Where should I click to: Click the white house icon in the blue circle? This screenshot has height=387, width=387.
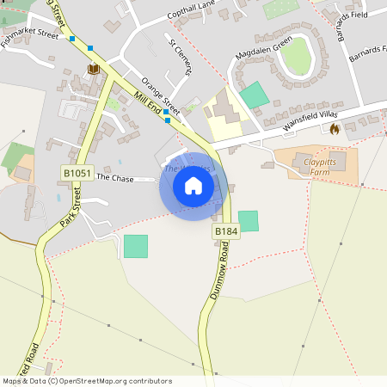tap(193, 185)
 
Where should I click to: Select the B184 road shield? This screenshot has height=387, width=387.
tap(225, 231)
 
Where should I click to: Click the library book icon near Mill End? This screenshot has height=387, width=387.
tap(92, 68)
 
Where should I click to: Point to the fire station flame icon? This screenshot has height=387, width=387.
tap(335, 128)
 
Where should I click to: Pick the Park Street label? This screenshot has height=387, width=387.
tap(70, 210)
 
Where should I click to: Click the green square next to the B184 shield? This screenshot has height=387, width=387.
tap(248, 221)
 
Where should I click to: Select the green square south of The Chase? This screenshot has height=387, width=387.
tap(136, 246)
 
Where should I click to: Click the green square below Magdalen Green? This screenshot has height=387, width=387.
tap(255, 95)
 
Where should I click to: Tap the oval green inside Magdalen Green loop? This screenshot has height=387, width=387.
tap(296, 56)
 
